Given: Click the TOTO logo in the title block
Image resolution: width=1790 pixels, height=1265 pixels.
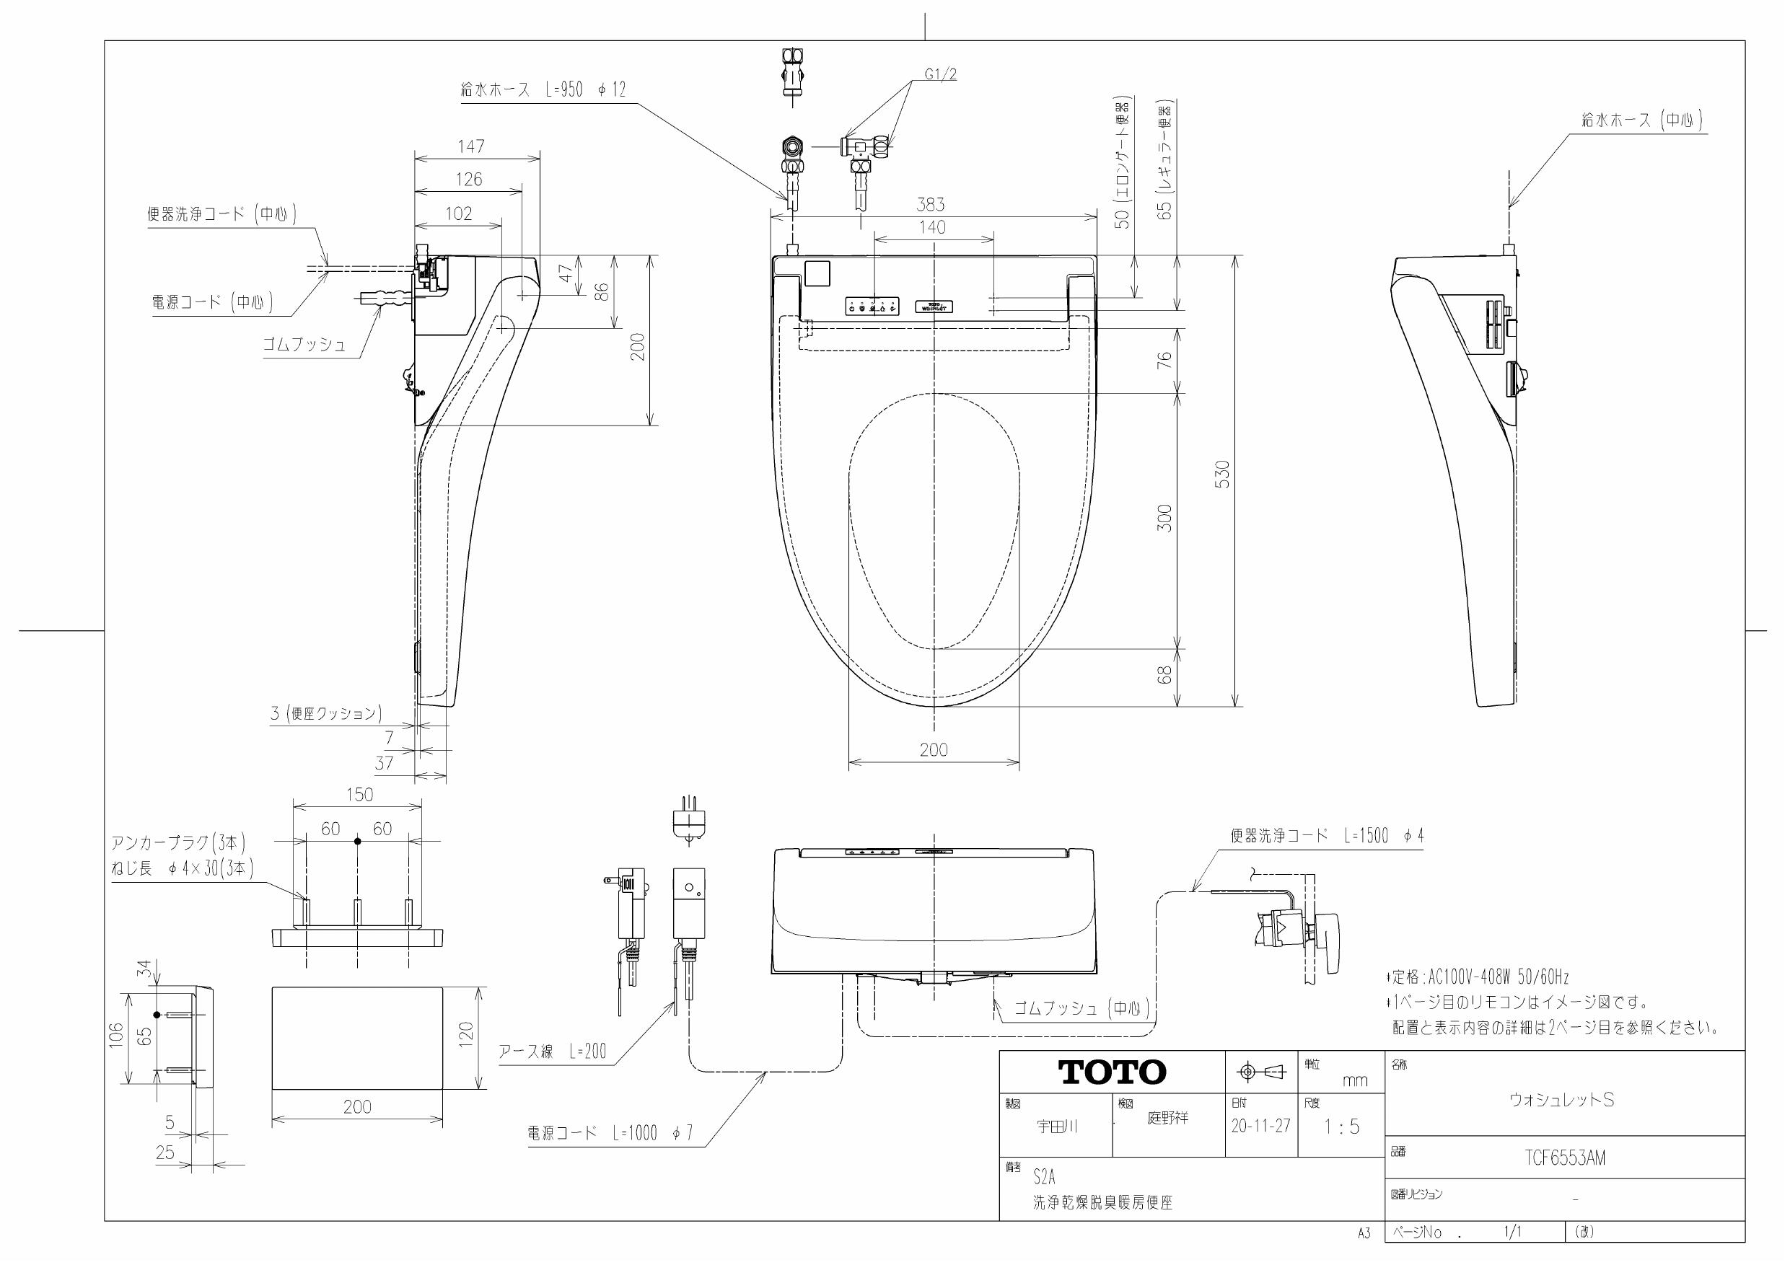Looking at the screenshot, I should click(1112, 1072).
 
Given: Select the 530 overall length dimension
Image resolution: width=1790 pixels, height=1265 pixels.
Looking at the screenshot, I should click(1222, 475).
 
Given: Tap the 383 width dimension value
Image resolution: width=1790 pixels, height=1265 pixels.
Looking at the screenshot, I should click(930, 204).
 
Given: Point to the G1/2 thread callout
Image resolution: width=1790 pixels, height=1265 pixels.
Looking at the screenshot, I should click(941, 75).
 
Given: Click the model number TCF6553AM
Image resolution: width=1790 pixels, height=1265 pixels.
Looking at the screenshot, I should click(1565, 1158).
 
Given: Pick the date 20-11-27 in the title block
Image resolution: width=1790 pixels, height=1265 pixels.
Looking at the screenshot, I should click(1260, 1126).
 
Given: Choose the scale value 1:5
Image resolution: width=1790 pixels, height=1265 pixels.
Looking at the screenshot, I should click(1342, 1127).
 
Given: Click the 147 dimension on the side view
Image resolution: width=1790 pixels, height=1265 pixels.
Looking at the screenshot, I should click(471, 146).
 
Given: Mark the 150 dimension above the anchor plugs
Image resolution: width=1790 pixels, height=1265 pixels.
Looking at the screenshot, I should click(359, 794).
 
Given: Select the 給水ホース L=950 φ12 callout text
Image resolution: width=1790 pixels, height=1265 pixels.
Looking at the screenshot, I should click(543, 89).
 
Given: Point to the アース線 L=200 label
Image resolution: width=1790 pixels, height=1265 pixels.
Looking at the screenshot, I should click(552, 1052).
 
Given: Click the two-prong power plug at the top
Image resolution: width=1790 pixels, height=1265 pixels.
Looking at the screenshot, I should click(688, 819).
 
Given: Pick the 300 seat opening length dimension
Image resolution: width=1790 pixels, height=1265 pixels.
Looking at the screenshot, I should click(1164, 519).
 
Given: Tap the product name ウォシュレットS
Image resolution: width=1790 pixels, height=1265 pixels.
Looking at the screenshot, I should click(1561, 1100).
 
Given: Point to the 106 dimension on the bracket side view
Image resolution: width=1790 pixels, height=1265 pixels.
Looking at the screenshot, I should click(116, 1035).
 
